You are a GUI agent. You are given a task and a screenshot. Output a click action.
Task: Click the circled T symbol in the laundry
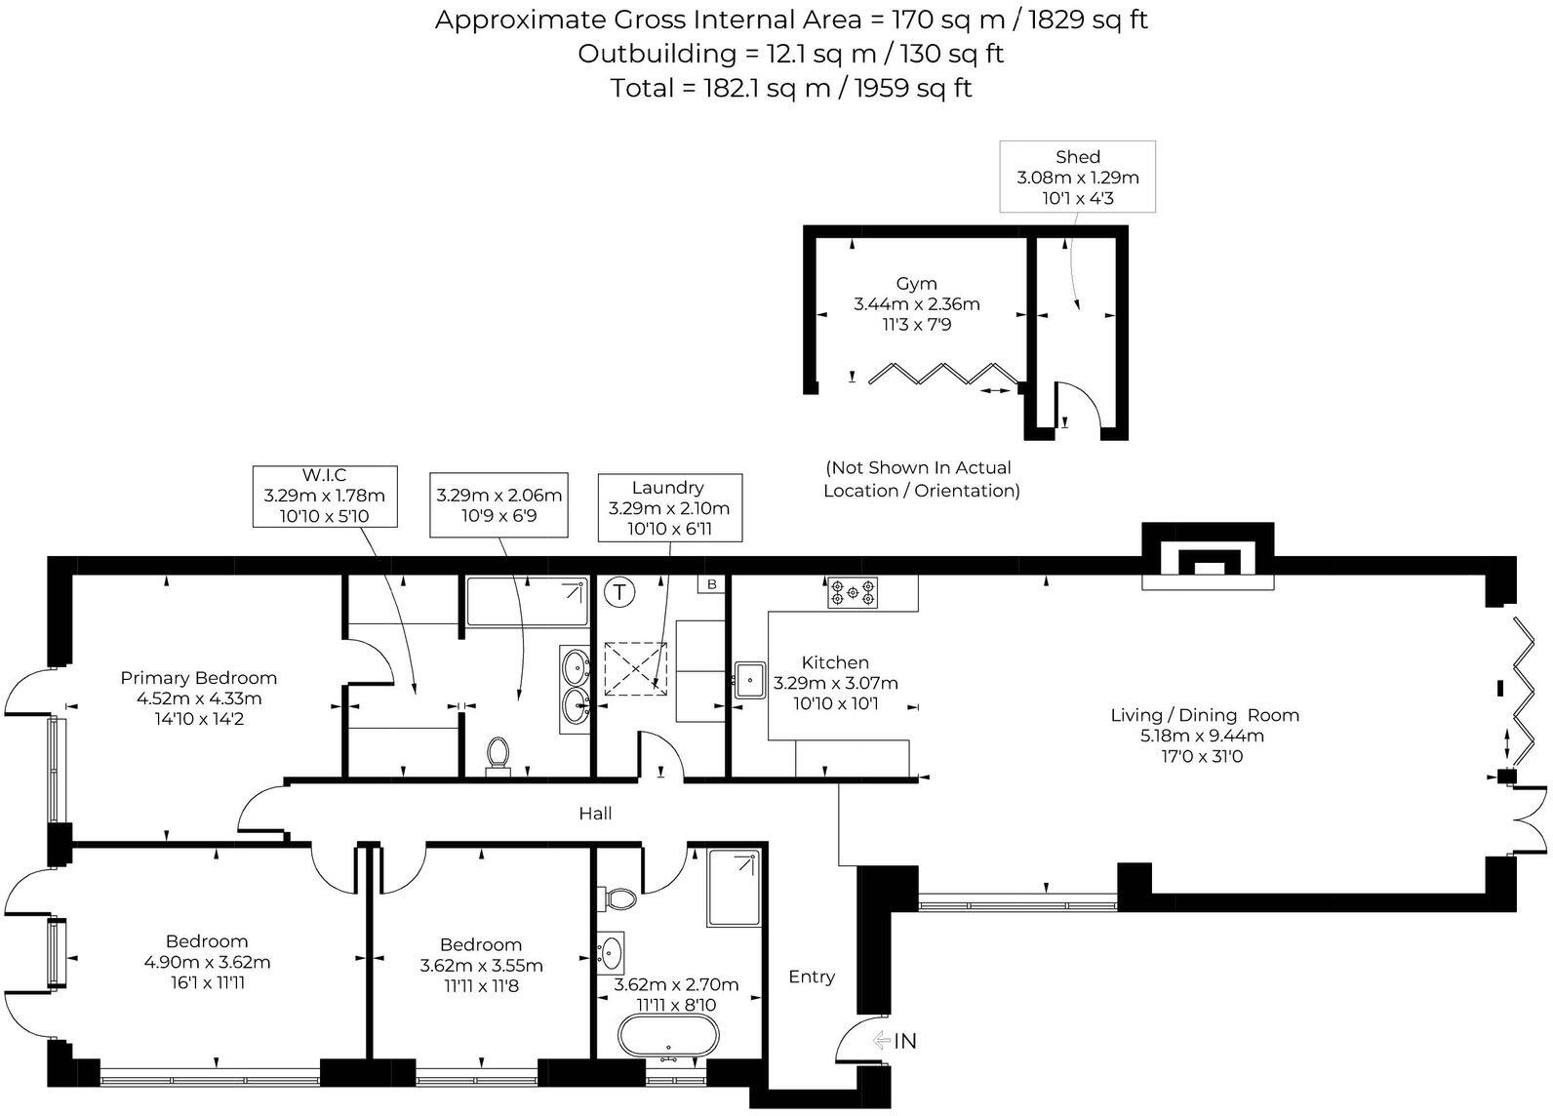tap(619, 592)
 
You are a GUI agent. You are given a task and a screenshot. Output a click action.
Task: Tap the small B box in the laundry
tap(711, 584)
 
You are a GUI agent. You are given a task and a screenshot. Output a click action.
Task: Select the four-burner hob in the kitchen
tap(853, 592)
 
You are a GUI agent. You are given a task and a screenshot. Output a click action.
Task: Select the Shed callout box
tap(1077, 177)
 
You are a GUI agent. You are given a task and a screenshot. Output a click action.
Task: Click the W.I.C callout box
tap(325, 497)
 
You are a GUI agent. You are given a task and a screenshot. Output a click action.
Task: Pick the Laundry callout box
tap(669, 507)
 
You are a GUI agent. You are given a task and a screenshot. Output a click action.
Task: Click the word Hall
tap(595, 814)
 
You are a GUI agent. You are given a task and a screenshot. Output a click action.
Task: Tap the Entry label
tap(812, 976)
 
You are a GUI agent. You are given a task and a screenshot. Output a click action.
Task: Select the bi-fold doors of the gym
tap(937, 374)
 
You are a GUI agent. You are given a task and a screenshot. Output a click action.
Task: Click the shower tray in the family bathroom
tap(734, 888)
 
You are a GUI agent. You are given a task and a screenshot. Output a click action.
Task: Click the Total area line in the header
tap(791, 88)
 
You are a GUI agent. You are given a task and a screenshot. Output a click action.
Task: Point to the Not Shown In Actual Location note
tap(921, 479)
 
